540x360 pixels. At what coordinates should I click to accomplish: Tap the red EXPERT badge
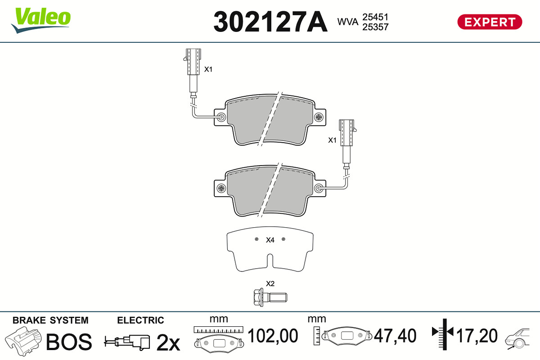click(x=490, y=22)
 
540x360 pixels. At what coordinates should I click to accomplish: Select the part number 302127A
click(x=270, y=22)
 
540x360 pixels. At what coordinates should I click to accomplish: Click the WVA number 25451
click(x=375, y=17)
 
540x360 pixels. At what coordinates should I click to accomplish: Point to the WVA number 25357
click(x=375, y=27)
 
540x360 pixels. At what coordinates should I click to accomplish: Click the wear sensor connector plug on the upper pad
click(x=193, y=62)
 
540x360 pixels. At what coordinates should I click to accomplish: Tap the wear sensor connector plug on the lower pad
click(x=347, y=133)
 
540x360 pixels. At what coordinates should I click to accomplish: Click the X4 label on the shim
click(x=270, y=240)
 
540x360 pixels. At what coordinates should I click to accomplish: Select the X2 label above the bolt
click(x=270, y=283)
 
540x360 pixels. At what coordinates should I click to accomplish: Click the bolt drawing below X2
click(x=270, y=297)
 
